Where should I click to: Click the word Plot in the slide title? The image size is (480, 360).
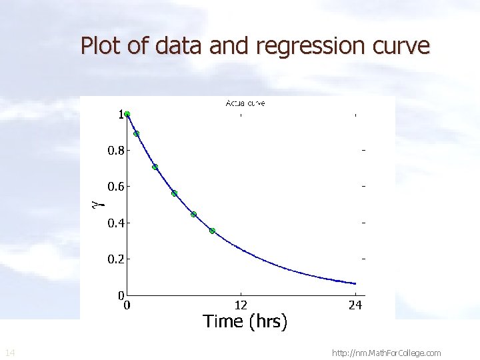tap(97, 46)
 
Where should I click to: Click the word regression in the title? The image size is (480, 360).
tap(309, 47)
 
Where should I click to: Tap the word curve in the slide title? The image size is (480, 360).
tap(403, 47)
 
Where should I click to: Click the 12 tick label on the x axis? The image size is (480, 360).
tap(241, 305)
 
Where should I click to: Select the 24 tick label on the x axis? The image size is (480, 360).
tap(355, 305)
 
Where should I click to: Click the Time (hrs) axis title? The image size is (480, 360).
tap(245, 322)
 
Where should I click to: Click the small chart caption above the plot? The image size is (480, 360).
tap(245, 103)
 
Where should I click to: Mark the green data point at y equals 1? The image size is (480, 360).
tap(127, 114)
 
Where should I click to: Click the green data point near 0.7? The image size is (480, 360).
tap(155, 167)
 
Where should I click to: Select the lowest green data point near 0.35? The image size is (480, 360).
tap(212, 231)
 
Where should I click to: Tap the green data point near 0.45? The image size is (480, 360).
tap(193, 214)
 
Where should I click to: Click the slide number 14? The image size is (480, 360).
tap(9, 352)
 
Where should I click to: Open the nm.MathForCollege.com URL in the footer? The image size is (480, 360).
tap(386, 353)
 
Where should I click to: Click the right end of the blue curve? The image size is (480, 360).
tap(355, 283)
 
